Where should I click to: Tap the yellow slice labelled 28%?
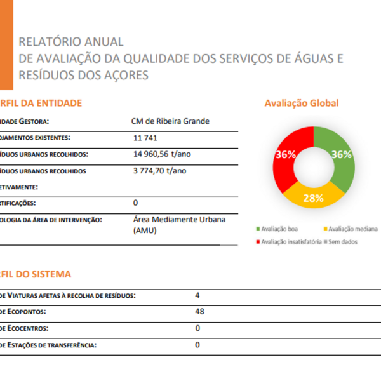(x=313, y=197)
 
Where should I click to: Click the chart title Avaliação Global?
(x=302, y=104)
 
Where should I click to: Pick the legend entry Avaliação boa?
(x=279, y=229)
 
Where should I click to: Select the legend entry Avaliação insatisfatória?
(x=289, y=241)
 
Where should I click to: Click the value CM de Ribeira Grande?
(x=170, y=121)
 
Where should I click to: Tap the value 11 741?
(x=145, y=138)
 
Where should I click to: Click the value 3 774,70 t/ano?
(x=159, y=171)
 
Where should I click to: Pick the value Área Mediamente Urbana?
(x=180, y=220)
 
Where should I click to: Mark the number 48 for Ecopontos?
(x=199, y=312)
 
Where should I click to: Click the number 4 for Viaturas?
(x=197, y=295)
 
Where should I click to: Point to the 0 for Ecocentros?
(x=197, y=328)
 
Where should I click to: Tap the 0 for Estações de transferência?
(x=197, y=345)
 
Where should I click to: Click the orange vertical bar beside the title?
(x=6, y=44)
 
